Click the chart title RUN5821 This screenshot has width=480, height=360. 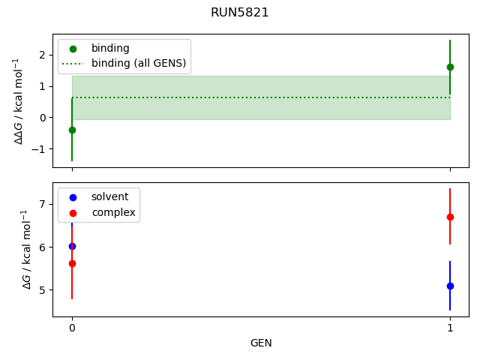click(240, 13)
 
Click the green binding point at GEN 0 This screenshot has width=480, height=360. click(72, 130)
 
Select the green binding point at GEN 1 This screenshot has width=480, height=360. click(450, 67)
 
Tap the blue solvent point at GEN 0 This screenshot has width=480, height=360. click(72, 246)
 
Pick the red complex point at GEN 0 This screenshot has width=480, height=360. click(72, 263)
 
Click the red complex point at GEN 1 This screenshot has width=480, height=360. click(450, 217)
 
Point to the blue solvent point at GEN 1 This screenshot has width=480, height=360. click(450, 286)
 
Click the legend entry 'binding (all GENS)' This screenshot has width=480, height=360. click(138, 63)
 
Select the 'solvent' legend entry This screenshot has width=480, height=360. click(109, 196)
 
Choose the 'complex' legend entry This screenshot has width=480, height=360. click(113, 212)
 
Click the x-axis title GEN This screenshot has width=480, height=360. click(261, 343)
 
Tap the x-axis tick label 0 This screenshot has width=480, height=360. click(72, 327)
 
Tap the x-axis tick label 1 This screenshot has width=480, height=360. click(450, 327)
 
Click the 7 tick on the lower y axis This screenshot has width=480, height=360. click(42, 204)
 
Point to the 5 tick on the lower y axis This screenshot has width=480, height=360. click(42, 290)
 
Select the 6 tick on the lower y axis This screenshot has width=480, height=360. click(42, 247)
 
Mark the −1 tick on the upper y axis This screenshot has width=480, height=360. click(39, 148)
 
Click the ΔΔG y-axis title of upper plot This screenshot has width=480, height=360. click(18, 100)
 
